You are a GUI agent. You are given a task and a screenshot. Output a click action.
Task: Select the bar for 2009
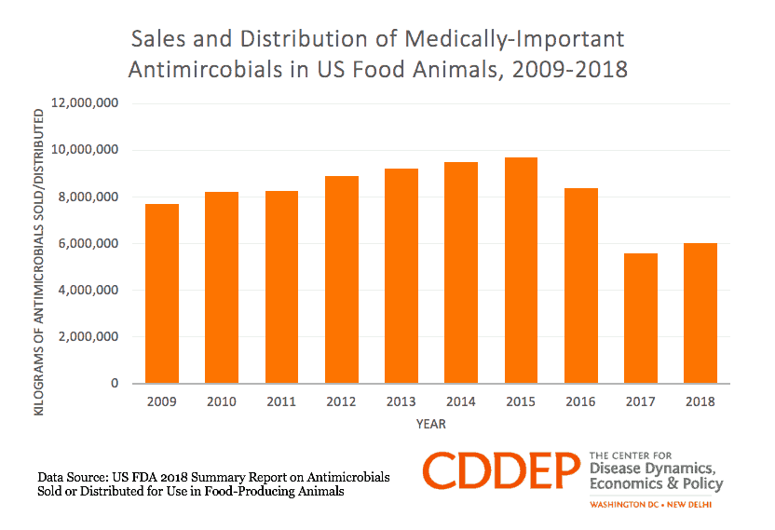(161, 293)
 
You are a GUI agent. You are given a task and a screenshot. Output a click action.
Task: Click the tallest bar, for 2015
(521, 270)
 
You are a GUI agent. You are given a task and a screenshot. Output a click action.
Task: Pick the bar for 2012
(341, 279)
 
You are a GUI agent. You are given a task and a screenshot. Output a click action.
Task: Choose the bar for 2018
(700, 313)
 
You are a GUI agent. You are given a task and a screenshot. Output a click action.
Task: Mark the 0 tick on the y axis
(113, 383)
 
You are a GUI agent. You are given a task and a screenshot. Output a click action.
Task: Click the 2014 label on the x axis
(461, 402)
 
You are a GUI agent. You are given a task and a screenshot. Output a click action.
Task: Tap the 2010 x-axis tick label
(222, 402)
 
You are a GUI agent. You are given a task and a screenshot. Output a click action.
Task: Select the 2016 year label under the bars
(581, 402)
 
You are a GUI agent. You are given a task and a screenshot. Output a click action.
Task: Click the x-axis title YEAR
(430, 425)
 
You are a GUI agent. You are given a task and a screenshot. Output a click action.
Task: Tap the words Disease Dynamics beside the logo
(652, 468)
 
